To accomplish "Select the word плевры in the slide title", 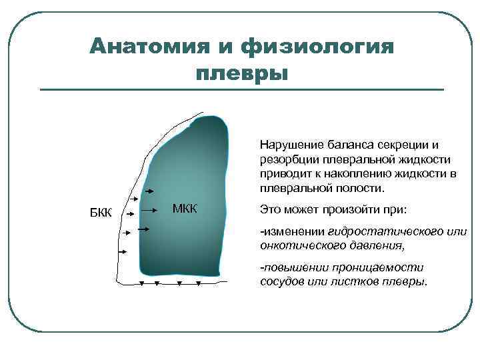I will (242, 71).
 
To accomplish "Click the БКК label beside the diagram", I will (101, 213).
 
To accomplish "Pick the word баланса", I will (342, 145).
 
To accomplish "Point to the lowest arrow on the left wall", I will (122, 252).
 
